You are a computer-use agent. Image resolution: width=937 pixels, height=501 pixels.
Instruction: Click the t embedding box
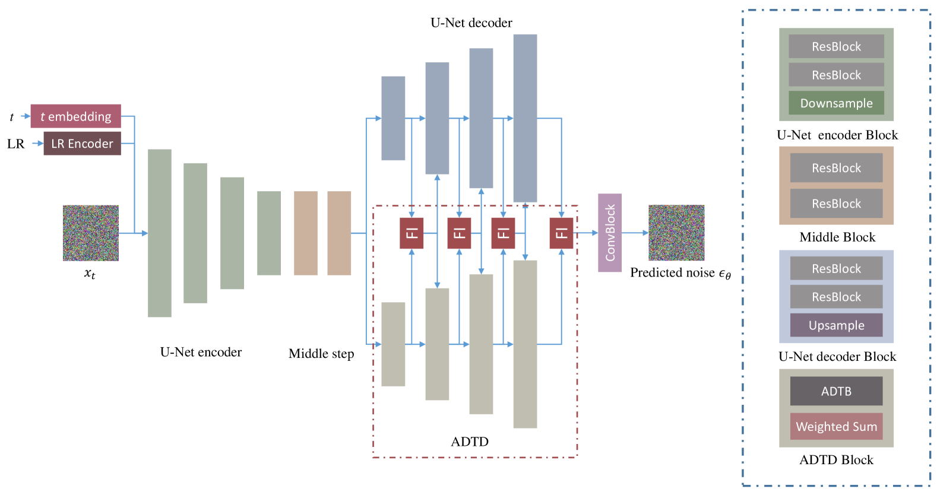coord(75,116)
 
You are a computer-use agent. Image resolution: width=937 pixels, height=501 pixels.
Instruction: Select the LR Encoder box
coord(82,144)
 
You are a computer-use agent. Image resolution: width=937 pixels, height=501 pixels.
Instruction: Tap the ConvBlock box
coord(609,233)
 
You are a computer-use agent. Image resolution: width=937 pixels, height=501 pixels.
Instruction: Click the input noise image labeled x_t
coord(91,233)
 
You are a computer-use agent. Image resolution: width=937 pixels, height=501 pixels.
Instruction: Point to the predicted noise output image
coord(676,233)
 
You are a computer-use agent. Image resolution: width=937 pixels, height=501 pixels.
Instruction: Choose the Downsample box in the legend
coord(836,103)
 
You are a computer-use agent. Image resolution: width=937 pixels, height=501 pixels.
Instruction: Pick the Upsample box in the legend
coord(836,325)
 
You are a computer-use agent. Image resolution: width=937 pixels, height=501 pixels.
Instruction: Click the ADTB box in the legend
coord(836,391)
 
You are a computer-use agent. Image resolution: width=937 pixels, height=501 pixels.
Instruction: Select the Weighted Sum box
coord(836,427)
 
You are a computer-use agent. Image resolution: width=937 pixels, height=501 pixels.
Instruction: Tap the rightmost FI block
coord(561,233)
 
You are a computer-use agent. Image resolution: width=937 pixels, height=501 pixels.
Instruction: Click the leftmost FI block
coord(411,233)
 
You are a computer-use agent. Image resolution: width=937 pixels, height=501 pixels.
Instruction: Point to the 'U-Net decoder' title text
coord(471,23)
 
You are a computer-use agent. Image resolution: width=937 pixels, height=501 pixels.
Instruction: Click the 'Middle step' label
coord(321,354)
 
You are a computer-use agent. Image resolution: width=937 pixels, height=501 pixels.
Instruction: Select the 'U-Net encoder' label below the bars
coord(201,352)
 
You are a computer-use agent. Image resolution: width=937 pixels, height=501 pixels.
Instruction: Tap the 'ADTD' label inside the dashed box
coord(470,442)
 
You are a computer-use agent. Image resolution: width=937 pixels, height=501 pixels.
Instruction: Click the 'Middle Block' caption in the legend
coord(837,237)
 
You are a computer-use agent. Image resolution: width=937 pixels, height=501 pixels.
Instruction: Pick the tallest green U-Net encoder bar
coord(160,233)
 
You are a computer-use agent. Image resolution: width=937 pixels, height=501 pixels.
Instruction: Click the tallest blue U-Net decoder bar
coord(525,118)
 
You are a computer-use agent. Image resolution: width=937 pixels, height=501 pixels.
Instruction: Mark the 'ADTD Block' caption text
coord(836,460)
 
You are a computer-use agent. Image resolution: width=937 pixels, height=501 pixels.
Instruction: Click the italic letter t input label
coord(11,118)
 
